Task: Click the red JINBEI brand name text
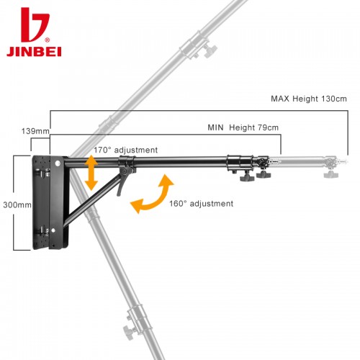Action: tap(34, 51)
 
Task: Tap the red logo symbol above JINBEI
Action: tap(35, 24)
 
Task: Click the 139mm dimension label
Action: tap(35, 131)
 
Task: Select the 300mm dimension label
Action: tap(17, 204)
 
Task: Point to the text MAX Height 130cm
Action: tap(309, 99)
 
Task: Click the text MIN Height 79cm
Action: tap(243, 127)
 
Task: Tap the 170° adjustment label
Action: tap(125, 150)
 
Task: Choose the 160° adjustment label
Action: tap(201, 204)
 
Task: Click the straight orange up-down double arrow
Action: tap(91, 173)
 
